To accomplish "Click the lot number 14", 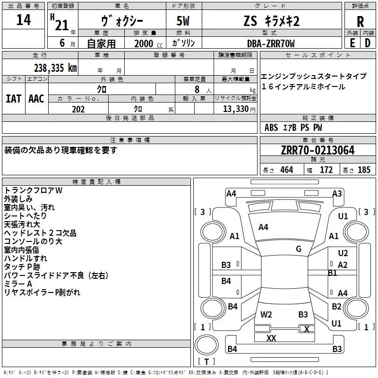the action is (23, 20).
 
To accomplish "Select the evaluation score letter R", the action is (360, 22).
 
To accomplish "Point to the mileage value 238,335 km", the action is (55, 68).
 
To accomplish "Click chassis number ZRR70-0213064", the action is (318, 150).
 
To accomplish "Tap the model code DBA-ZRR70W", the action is (271, 43).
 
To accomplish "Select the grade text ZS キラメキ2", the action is (271, 21).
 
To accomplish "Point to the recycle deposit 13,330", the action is (234, 109).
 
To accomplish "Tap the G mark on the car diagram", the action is (299, 249).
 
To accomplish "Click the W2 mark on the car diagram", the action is (266, 314).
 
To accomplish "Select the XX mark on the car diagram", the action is (271, 338).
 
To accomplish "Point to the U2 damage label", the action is (343, 253).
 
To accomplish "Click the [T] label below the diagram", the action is (206, 362).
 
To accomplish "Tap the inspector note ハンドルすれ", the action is (26, 258).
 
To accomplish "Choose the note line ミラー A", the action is (18, 283).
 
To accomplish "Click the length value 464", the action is (286, 170).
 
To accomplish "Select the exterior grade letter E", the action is (352, 43).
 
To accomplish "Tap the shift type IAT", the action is (13, 98).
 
